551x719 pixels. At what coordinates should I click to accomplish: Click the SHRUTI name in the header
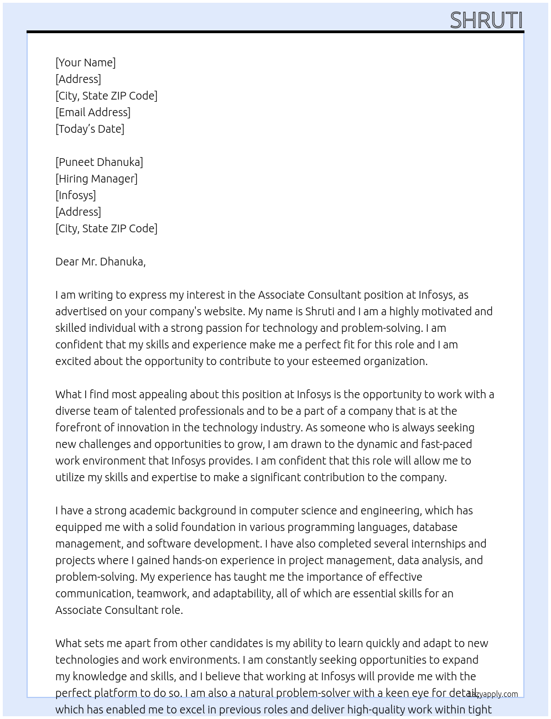[x=486, y=20]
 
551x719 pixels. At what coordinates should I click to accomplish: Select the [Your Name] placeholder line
[x=85, y=62]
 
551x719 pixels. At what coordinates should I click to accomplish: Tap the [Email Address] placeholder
[x=93, y=112]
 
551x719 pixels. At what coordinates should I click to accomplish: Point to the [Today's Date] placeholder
[x=90, y=129]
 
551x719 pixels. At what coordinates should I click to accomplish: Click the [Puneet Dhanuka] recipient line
[x=99, y=162]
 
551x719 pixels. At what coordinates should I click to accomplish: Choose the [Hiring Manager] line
[x=96, y=179]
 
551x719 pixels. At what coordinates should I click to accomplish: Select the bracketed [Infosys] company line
[x=76, y=195]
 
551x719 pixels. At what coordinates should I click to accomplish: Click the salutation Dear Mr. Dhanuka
[x=100, y=262]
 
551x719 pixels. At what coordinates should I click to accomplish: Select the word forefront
[x=78, y=428]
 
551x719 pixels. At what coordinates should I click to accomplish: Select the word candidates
[x=225, y=643]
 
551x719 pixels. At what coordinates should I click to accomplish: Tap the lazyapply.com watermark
[x=493, y=694]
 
